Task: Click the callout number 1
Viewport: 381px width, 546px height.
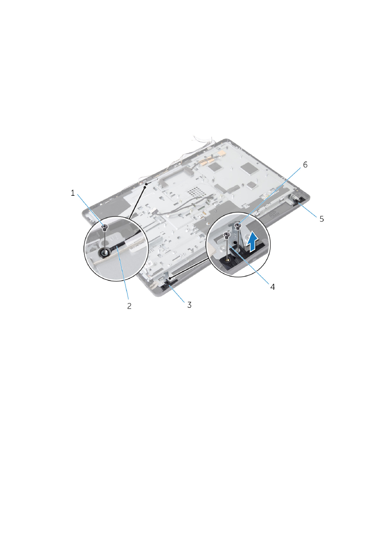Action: coord(72,193)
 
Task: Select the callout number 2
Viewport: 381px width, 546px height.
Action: coord(129,306)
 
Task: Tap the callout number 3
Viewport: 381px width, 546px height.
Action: coord(189,305)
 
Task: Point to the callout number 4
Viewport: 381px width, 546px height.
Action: coord(272,287)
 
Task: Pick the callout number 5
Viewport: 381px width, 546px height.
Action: coord(321,219)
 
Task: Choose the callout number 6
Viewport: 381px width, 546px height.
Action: coord(305,165)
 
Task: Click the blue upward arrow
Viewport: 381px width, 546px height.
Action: coord(253,241)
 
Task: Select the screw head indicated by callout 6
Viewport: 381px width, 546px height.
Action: coord(237,225)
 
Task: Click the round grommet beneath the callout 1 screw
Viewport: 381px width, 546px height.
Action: coord(105,253)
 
